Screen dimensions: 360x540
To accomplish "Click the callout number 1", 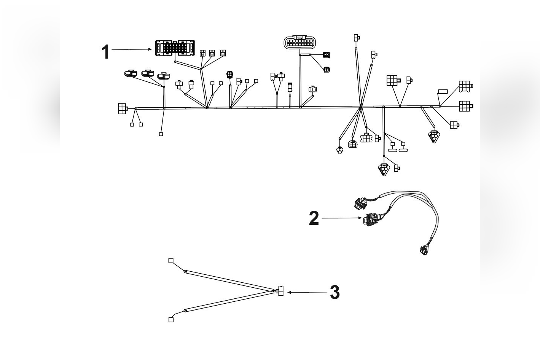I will point(106,52).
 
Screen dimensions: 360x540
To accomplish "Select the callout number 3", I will point(335,293).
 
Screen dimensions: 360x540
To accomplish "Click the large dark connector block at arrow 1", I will point(175,48).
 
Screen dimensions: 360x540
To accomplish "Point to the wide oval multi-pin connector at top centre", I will point(300,42).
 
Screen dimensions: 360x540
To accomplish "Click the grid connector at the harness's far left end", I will point(123,108).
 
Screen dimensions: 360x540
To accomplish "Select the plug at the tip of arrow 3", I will point(280,292).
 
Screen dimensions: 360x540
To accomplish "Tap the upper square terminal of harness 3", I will point(171,261).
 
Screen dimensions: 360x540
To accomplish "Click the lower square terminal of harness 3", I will point(171,320).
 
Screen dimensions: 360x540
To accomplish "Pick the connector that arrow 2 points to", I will point(370,220).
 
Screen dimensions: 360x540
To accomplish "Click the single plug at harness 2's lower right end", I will point(424,250).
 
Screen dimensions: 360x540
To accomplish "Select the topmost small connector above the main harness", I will point(357,38).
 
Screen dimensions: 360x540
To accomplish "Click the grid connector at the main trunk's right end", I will point(465,106).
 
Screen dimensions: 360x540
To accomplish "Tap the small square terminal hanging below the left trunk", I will point(161,134).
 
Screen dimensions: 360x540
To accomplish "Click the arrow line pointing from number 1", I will point(131,49).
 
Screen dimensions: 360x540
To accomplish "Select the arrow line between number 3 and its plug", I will point(308,292).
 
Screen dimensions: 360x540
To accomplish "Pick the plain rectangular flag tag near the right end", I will point(443,91).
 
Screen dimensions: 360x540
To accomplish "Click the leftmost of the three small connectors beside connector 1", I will point(202,53).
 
